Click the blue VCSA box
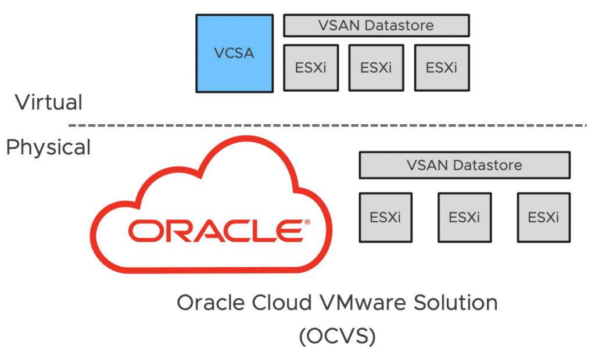pyautogui.click(x=234, y=53)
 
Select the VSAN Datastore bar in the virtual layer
pyautogui.click(x=376, y=26)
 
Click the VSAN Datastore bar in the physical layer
pyautogui.click(x=464, y=165)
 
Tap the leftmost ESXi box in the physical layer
pyautogui.click(x=385, y=217)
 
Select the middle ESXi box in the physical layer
pyautogui.click(x=464, y=217)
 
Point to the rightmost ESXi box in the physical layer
pyautogui.click(x=543, y=217)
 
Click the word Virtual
pyautogui.click(x=49, y=103)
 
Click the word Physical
pyautogui.click(x=49, y=147)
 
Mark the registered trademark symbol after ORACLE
pyautogui.click(x=307, y=221)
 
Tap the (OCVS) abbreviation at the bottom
pyautogui.click(x=336, y=336)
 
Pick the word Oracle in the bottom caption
pyautogui.click(x=206, y=303)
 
